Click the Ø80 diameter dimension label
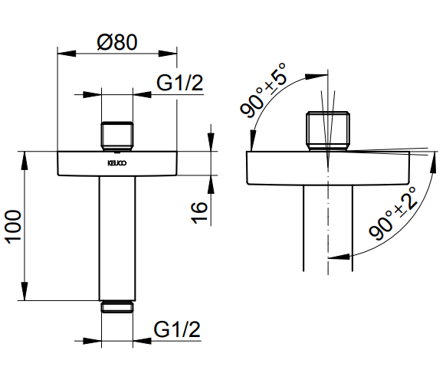click(117, 43)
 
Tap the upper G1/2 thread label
click(180, 83)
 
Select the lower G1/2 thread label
click(177, 329)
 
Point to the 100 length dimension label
click(14, 227)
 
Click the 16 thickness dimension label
click(199, 212)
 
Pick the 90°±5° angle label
click(262, 90)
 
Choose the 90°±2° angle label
click(393, 213)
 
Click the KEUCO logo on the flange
click(117, 163)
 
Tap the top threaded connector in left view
click(117, 136)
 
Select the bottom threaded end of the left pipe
click(117, 306)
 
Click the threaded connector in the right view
click(328, 131)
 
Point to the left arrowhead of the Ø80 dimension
click(67, 54)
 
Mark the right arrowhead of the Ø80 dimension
click(168, 54)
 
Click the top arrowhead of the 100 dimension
click(25, 161)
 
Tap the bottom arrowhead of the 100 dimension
click(25, 291)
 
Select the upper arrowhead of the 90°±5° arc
click(316, 76)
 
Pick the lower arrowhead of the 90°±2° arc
click(339, 257)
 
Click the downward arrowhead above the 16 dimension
click(211, 142)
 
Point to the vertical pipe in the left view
click(117, 238)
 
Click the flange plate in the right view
click(328, 168)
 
